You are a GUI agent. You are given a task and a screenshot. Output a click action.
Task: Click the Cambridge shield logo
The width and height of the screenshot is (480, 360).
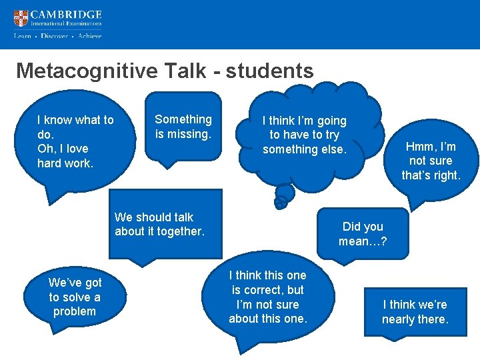tap(21, 18)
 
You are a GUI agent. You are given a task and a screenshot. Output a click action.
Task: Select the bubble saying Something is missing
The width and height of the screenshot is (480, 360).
tap(183, 127)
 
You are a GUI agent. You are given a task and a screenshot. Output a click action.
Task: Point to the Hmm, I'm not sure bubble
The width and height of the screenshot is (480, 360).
tap(431, 161)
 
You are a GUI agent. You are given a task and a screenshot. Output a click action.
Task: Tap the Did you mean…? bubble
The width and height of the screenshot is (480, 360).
tap(363, 234)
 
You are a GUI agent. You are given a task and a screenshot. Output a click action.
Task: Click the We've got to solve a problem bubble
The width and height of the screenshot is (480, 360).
tap(75, 297)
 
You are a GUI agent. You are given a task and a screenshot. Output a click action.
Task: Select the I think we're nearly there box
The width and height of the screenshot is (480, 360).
tap(415, 312)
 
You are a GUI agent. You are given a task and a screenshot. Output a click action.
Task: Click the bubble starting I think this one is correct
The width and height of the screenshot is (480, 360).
tap(268, 297)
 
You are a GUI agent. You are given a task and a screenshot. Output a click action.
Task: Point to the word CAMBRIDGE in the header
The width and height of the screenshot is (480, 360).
tap(67, 15)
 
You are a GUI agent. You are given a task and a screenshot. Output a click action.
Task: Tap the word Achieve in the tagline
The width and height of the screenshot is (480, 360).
tap(89, 36)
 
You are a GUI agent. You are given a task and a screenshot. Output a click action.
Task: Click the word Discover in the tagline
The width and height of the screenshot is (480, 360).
tap(54, 36)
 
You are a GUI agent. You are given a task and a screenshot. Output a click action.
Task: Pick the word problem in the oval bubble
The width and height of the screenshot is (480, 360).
tap(75, 311)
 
